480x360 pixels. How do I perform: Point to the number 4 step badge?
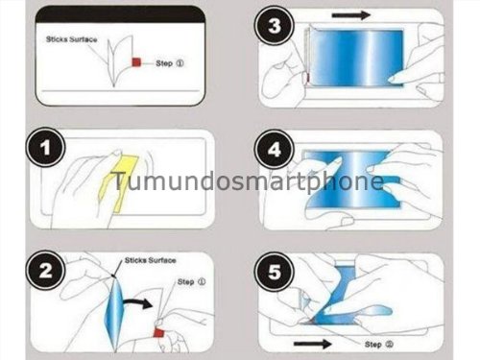278,152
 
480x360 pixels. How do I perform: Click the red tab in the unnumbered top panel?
136,63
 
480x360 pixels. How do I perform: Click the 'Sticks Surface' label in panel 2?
149,259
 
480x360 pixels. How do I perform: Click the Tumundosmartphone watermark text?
248,181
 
